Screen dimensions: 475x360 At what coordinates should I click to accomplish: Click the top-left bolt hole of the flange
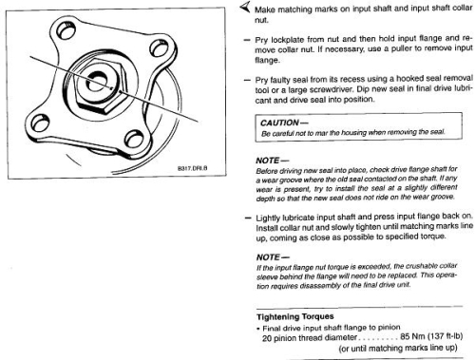pos(66,30)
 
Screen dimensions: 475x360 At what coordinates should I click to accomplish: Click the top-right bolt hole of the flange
pos(159,48)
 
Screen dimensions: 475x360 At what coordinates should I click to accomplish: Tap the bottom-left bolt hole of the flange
pos(40,123)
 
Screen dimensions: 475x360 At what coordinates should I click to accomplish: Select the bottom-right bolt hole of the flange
pos(134,139)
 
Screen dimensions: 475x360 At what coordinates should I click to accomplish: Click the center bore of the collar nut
pos(97,82)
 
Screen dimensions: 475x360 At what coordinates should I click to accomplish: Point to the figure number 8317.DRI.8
pos(192,168)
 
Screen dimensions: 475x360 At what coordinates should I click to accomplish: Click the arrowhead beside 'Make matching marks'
pos(245,7)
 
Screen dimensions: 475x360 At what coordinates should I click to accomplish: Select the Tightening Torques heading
pos(295,316)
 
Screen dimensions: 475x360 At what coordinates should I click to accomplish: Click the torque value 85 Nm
pos(411,336)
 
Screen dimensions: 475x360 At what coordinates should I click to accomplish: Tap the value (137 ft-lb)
pos(445,336)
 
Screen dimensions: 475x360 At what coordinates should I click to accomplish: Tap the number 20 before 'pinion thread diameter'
pos(267,338)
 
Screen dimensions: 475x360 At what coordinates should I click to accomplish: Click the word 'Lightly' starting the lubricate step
pos(268,218)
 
